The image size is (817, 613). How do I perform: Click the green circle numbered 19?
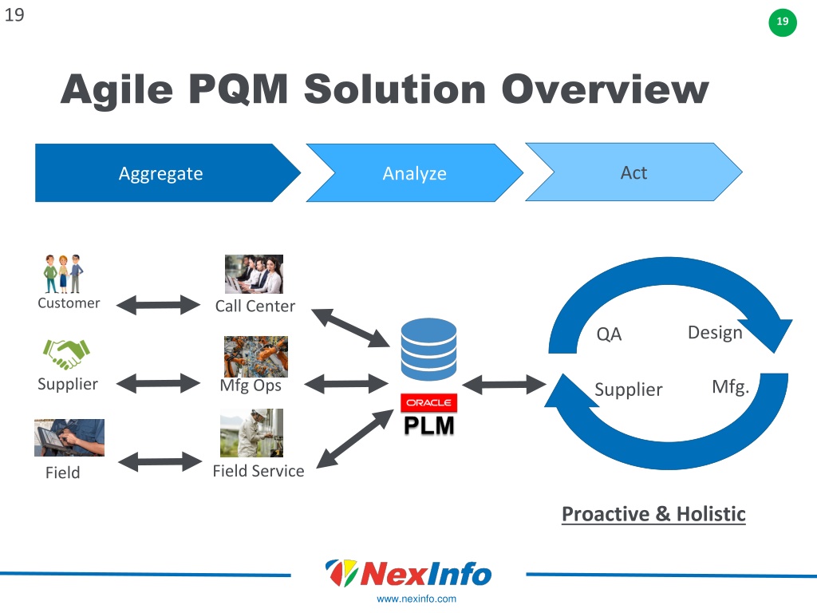(x=783, y=22)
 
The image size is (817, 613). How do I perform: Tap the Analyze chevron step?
(x=415, y=173)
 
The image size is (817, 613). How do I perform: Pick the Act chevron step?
(x=633, y=172)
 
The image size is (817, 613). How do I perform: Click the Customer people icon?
(x=64, y=274)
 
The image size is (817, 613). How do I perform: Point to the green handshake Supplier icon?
(x=67, y=354)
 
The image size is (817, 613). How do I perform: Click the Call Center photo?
(x=254, y=275)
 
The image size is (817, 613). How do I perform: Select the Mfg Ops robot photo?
(x=256, y=357)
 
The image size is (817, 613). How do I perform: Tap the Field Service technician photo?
(x=251, y=433)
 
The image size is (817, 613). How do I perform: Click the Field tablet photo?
(x=69, y=438)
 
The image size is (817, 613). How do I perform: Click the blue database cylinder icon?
(x=428, y=349)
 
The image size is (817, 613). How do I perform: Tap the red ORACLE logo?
(x=428, y=403)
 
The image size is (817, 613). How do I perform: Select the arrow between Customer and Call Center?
(x=158, y=305)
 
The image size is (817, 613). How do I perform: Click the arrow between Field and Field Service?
(x=160, y=462)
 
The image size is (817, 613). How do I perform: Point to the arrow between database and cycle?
(x=504, y=385)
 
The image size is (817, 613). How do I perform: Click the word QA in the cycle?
(x=609, y=334)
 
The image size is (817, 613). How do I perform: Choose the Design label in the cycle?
(x=715, y=333)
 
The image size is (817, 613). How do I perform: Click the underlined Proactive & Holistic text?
(x=653, y=515)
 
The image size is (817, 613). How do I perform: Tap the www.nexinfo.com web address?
(x=416, y=599)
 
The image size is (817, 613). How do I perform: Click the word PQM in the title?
(x=238, y=89)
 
